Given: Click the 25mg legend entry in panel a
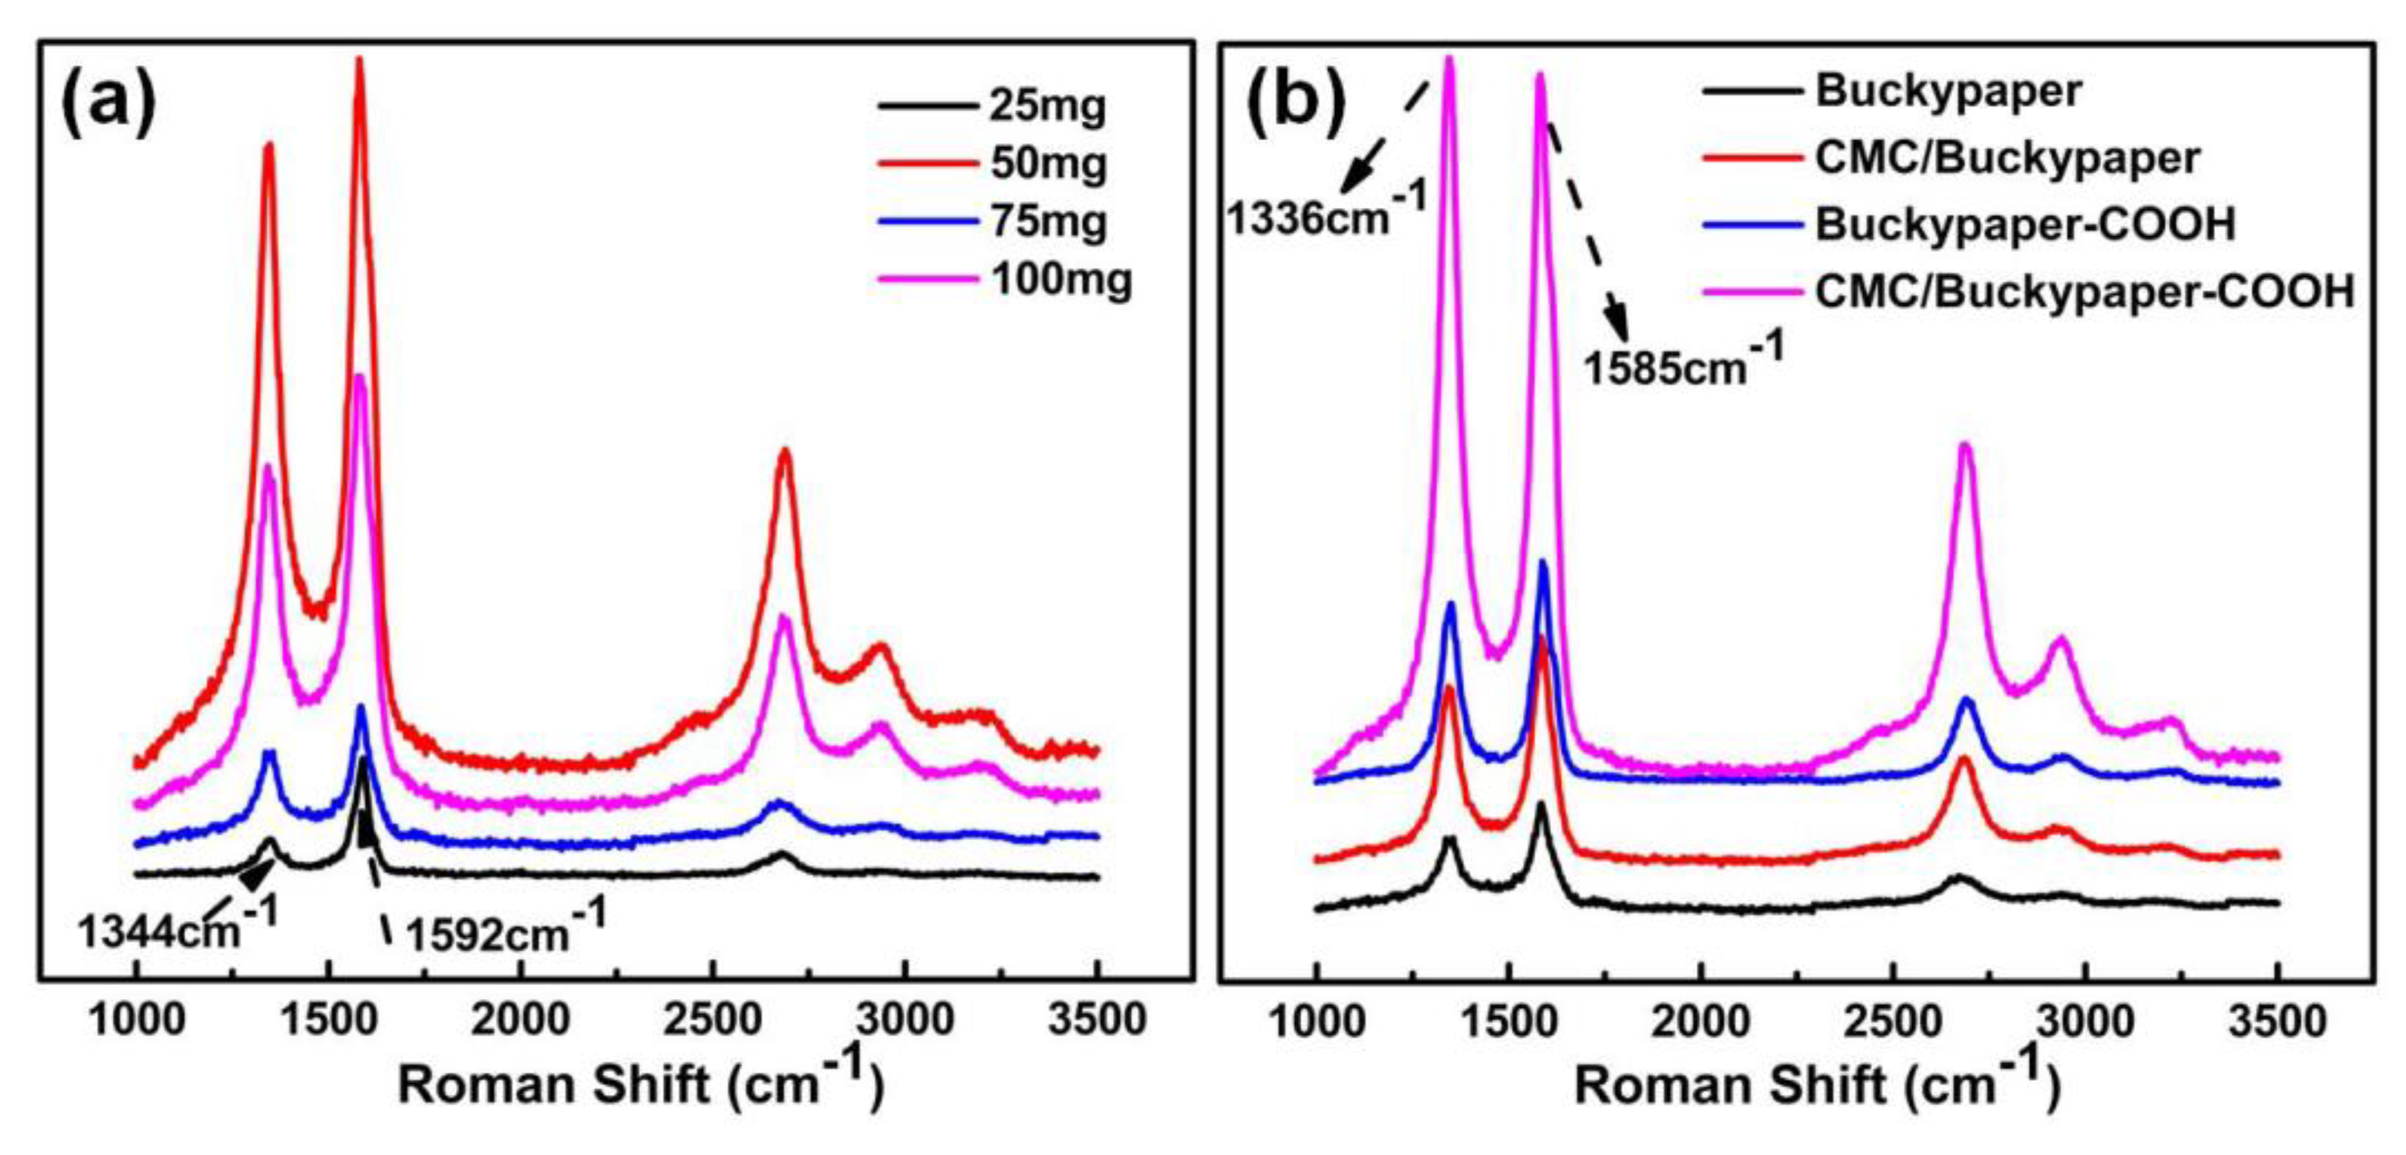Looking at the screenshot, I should [1047, 105].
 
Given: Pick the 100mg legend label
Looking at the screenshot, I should [1061, 279].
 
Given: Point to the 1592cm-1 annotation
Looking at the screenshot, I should [505, 930].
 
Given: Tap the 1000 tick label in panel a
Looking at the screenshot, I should [137, 1020].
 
